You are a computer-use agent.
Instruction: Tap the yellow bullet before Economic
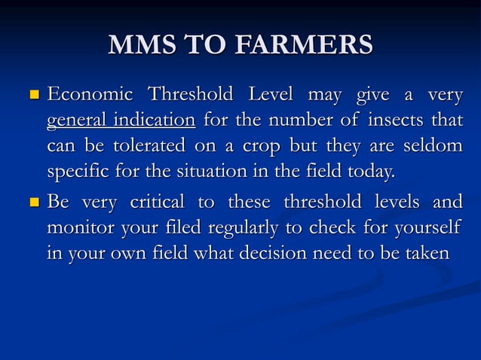tap(33, 96)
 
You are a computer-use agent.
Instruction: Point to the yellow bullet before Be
tap(33, 203)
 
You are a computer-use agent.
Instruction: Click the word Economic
tap(90, 96)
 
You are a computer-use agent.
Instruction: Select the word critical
tap(161, 202)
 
